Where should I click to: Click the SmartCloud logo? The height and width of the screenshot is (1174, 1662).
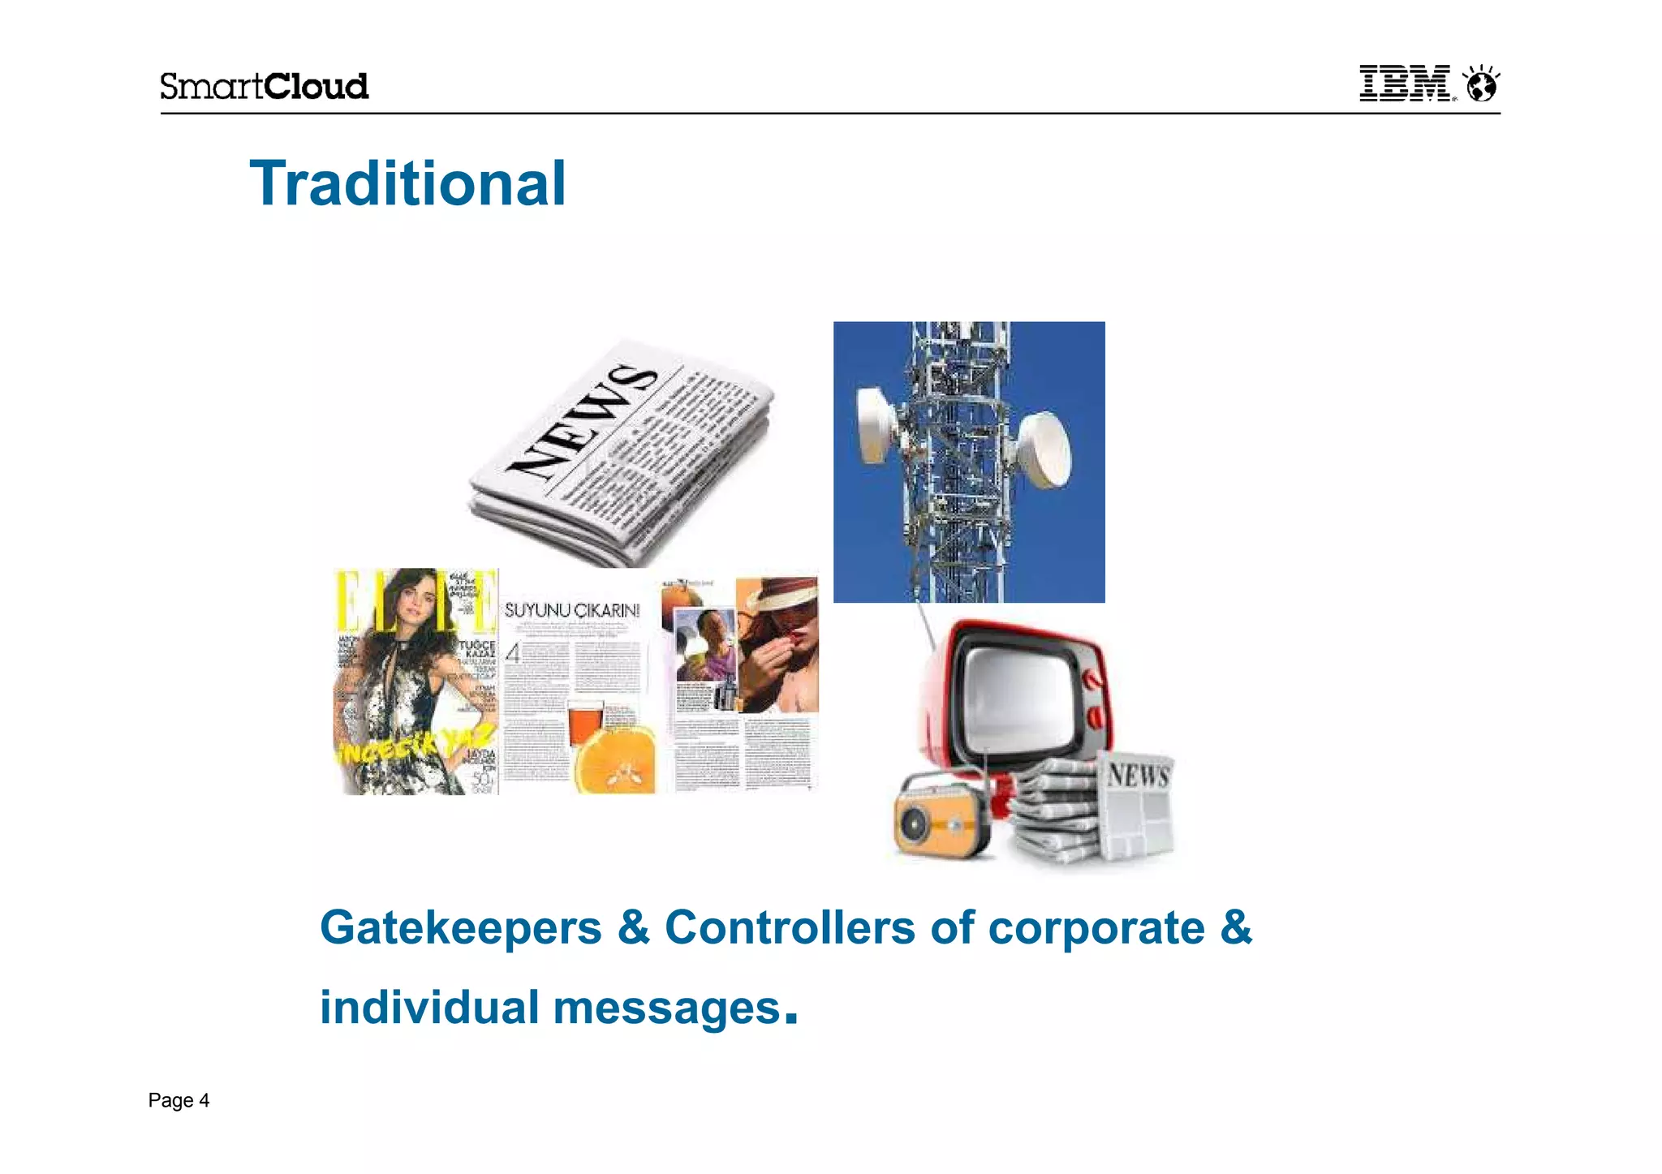(264, 86)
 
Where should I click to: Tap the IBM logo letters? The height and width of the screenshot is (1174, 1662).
(1405, 84)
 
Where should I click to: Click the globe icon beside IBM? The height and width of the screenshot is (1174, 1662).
(1482, 84)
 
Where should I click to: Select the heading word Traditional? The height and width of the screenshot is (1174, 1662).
(407, 183)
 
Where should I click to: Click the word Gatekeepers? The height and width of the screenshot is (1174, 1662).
(460, 927)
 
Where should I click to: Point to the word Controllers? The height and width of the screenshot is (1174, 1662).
(790, 927)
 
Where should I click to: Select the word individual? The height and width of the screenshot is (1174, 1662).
(429, 1007)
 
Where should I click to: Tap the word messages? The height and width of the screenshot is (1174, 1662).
(666, 1008)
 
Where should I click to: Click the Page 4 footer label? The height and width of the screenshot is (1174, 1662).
(179, 1100)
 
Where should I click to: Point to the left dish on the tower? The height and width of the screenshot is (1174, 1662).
(876, 425)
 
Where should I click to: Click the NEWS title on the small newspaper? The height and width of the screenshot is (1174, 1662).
(1139, 775)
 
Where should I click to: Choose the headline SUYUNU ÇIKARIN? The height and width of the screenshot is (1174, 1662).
(572, 610)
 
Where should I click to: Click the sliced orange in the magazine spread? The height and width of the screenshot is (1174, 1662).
(615, 759)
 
